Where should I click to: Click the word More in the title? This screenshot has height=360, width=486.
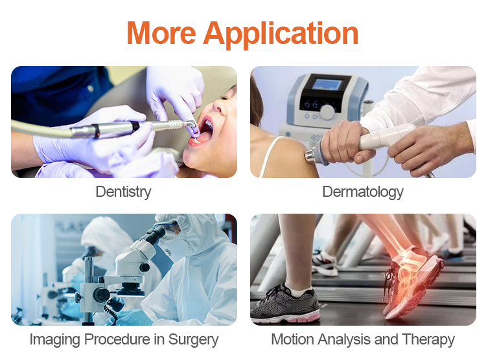(161, 33)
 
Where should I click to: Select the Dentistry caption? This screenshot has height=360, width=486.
(123, 192)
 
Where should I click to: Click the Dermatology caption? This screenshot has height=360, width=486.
(363, 192)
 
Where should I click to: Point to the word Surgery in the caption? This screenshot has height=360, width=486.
(193, 340)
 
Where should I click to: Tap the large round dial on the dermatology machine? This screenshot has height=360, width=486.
(327, 111)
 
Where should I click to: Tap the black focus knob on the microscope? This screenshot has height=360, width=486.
(144, 267)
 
